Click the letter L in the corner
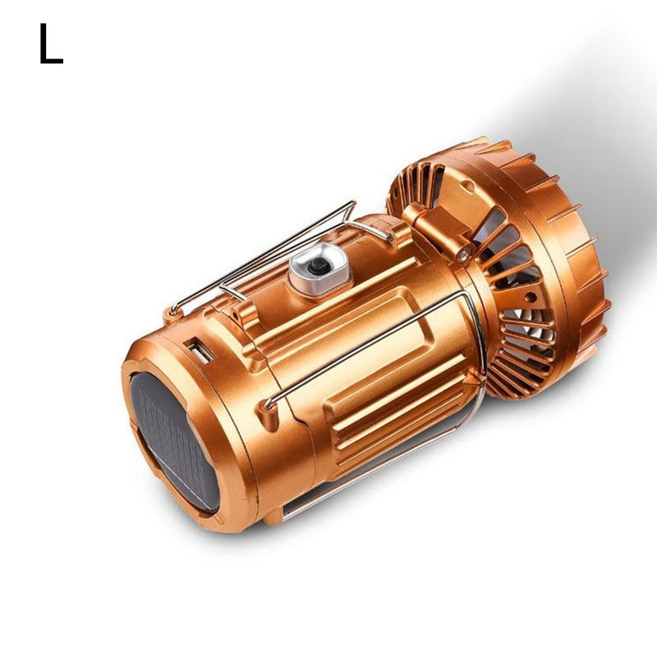coord(50,44)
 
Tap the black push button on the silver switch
coord(317,264)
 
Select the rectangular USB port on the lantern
coord(199,351)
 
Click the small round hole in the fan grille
coord(531,297)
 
